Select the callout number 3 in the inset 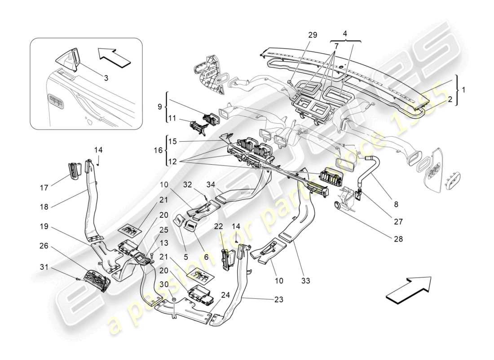coord(106,78)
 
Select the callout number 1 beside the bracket coord(463,90)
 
